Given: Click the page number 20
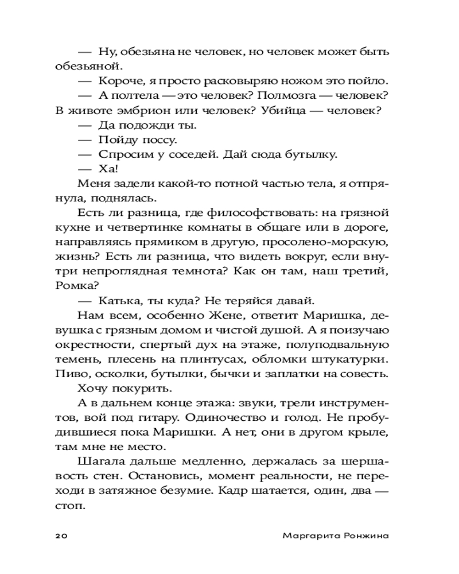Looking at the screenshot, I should [x=62, y=536].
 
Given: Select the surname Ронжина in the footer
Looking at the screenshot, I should [x=365, y=536].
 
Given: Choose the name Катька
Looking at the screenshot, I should [x=119, y=300].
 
